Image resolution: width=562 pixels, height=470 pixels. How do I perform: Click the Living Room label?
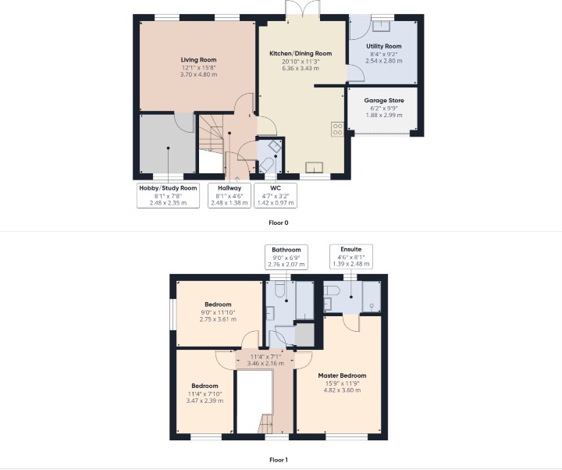coord(198,60)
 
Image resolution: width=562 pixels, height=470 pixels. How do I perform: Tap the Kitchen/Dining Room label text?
coord(301,53)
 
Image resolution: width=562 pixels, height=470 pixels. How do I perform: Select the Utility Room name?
coord(383,46)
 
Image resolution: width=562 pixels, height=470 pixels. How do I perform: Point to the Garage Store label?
coord(384,101)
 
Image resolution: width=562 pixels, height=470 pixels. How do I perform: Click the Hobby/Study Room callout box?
coord(168,195)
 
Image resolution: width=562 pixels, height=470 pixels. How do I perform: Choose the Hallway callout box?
coord(229,195)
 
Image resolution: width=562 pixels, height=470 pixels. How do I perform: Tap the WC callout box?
coord(276,195)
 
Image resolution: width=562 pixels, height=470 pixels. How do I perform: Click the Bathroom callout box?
coord(286,257)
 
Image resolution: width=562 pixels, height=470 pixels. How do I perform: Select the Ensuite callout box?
coord(351,256)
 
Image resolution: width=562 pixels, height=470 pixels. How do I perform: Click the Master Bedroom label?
coord(343,376)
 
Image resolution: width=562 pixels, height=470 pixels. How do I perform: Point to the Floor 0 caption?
coord(279,223)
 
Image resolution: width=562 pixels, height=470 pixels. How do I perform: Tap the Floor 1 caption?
coord(279,460)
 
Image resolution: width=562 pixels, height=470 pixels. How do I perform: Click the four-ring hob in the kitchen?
coord(338,130)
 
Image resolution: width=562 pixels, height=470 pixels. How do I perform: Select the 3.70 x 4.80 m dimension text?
coord(198,75)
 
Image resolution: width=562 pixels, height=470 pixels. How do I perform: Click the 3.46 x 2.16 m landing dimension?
coord(265,363)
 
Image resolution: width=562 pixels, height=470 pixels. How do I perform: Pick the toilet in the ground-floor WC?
coord(268,166)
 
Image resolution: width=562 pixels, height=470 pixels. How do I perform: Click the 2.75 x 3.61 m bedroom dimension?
coord(218,319)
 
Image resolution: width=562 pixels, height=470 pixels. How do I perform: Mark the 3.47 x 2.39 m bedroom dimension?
coord(205,401)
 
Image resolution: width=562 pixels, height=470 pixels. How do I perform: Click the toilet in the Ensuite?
coord(332,290)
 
